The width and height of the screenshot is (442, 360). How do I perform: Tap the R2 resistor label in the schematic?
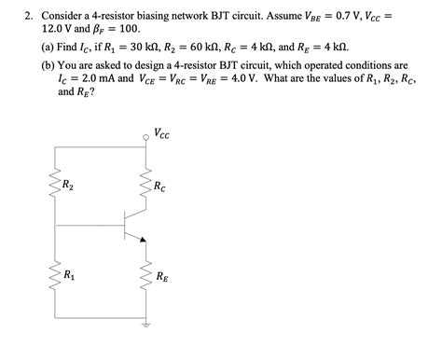(69, 186)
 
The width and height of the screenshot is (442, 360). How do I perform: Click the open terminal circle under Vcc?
(145, 137)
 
